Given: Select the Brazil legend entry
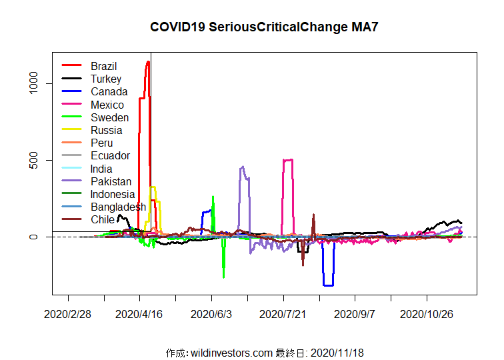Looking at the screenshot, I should (x=103, y=66).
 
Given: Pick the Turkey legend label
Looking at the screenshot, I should (x=106, y=79).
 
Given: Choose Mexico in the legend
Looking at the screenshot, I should (x=107, y=105).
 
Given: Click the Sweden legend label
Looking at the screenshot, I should (x=109, y=117).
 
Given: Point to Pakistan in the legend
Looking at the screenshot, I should (x=111, y=181).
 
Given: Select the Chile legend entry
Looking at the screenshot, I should (x=103, y=219).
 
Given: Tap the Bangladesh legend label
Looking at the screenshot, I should (x=118, y=207).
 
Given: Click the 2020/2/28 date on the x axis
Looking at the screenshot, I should (x=68, y=313).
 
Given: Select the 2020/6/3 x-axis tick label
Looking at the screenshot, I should (x=211, y=313).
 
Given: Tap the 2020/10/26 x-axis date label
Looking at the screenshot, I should (x=427, y=313).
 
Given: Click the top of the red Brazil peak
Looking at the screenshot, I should (x=147, y=62).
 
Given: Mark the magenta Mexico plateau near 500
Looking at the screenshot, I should (x=288, y=160).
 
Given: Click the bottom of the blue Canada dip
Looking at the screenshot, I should (x=328, y=285).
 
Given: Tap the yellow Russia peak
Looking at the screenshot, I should (x=153, y=187).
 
